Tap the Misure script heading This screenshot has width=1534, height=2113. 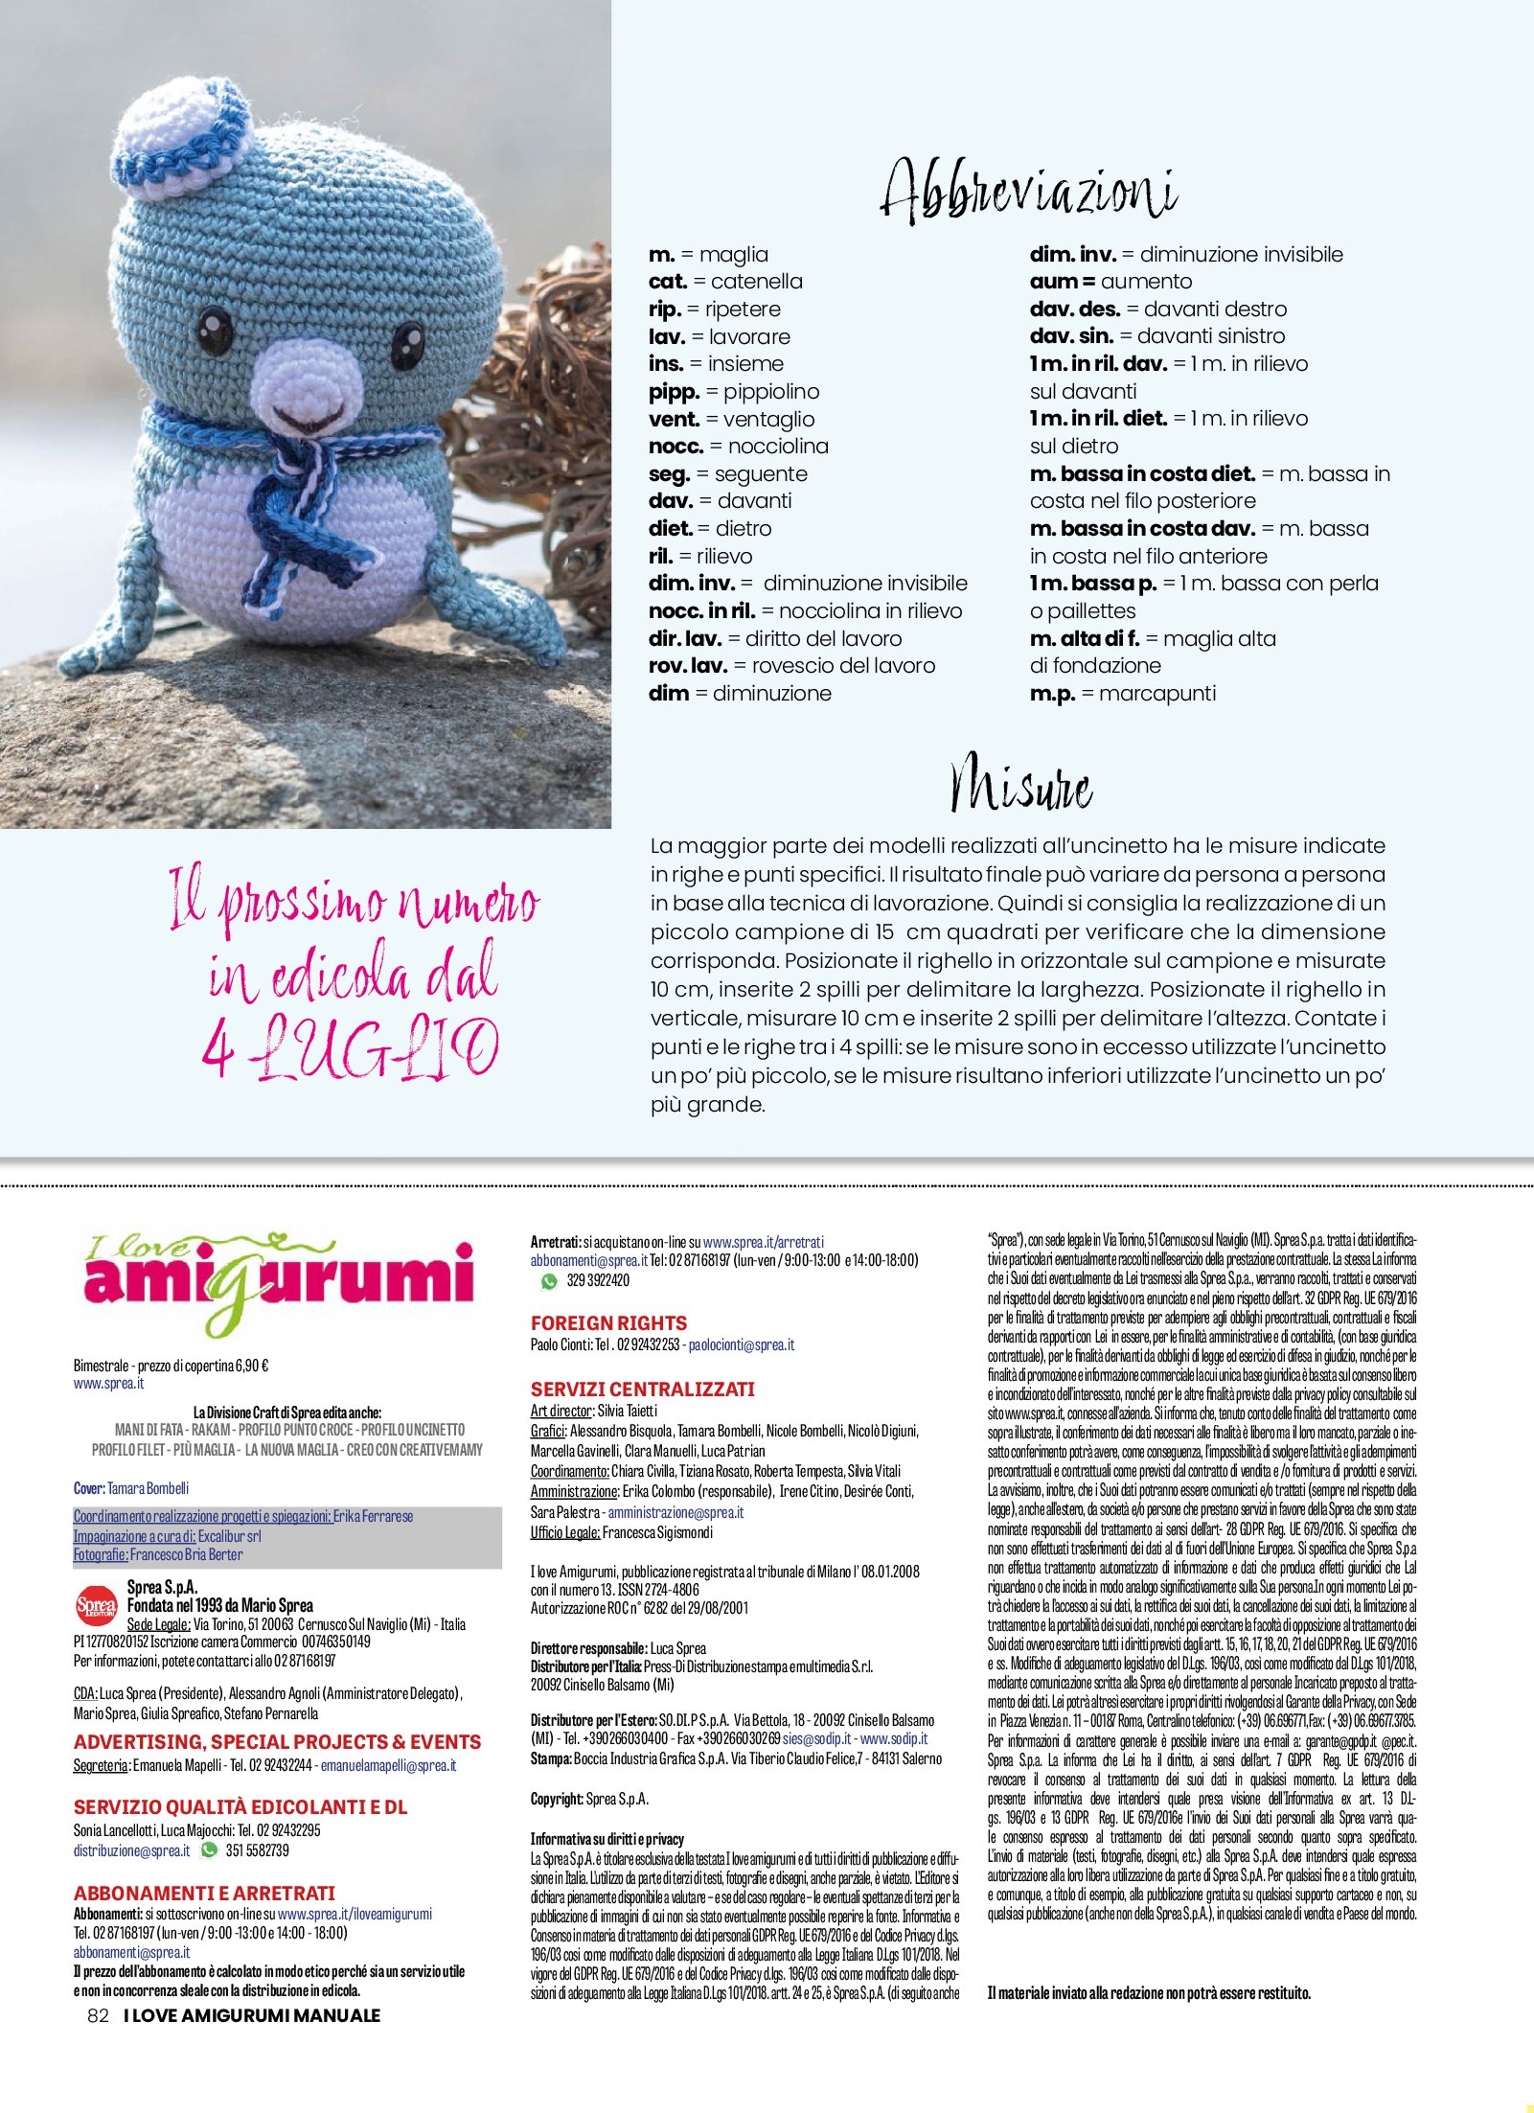(1020, 785)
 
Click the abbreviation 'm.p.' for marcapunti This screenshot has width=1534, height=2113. (1052, 694)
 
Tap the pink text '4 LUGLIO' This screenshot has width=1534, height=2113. (350, 1047)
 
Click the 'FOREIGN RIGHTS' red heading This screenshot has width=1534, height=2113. (608, 1322)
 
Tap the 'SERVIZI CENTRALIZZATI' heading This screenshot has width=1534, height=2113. (643, 1389)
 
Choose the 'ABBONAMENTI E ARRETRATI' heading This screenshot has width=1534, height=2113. (204, 1894)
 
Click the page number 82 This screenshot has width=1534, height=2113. (98, 2015)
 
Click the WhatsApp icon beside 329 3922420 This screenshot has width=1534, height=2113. (549, 1280)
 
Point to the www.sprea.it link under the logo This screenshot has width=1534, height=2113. (108, 1384)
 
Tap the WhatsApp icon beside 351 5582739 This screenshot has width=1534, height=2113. (209, 1850)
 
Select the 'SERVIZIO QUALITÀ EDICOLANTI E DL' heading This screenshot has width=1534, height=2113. (240, 1807)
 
